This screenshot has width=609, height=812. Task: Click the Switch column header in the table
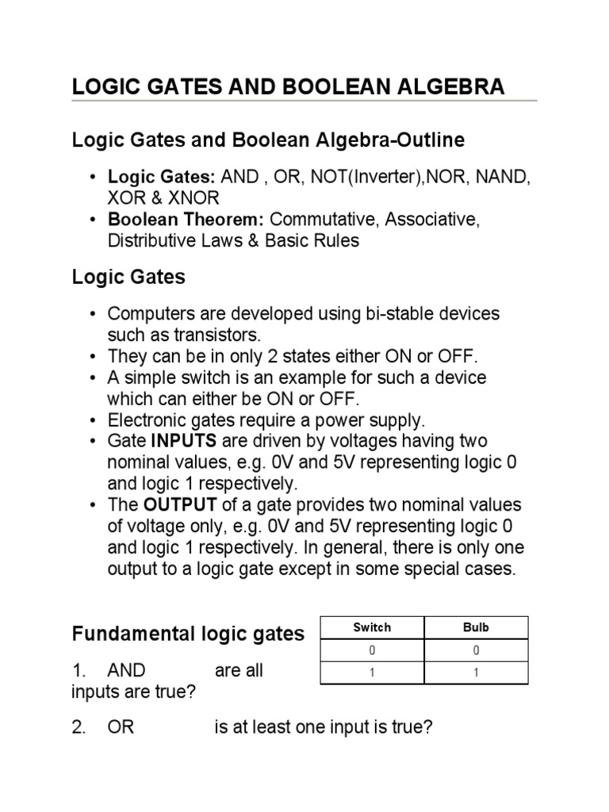pyautogui.click(x=372, y=627)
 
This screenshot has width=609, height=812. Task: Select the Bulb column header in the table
pyautogui.click(x=476, y=627)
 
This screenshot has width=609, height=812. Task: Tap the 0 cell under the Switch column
pyautogui.click(x=372, y=650)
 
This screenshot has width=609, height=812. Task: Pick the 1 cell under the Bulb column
pyautogui.click(x=476, y=672)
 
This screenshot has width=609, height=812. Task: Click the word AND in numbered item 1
pyautogui.click(x=127, y=671)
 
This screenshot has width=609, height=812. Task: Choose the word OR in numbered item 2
pyautogui.click(x=121, y=728)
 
